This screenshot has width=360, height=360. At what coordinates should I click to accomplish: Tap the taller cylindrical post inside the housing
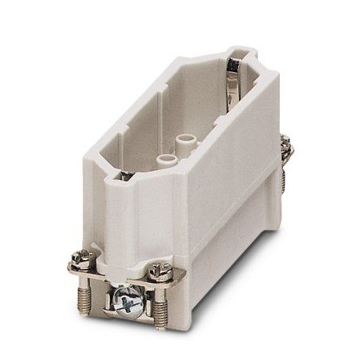(186, 142)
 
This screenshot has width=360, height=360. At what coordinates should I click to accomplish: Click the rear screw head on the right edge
(286, 144)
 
